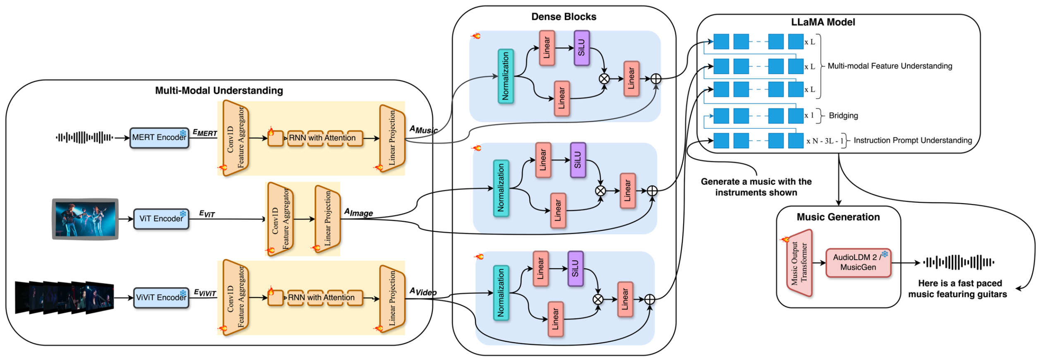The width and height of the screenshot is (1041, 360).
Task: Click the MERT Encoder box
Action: click(x=159, y=138)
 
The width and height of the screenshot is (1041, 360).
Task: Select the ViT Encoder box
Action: click(x=161, y=219)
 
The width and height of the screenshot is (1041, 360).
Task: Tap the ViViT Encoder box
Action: click(x=161, y=298)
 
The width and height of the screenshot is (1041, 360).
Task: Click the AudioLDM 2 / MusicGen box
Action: click(x=858, y=263)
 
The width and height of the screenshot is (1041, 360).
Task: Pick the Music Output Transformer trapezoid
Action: click(x=799, y=263)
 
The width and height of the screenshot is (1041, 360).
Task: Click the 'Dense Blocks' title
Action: click(x=564, y=17)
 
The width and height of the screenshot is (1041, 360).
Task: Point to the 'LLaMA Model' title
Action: click(x=823, y=22)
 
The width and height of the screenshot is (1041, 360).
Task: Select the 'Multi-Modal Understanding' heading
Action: click(x=219, y=91)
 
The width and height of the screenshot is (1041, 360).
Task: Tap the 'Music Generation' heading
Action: click(x=838, y=217)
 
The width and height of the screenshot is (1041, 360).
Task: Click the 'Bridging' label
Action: click(x=843, y=116)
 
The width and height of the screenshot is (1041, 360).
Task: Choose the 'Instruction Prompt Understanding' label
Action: click(x=912, y=141)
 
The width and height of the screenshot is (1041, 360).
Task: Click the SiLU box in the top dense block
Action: click(x=581, y=48)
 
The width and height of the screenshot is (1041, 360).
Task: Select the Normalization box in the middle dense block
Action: click(x=501, y=188)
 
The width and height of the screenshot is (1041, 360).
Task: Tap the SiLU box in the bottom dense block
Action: click(x=575, y=269)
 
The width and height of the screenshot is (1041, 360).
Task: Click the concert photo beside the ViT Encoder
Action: click(x=85, y=219)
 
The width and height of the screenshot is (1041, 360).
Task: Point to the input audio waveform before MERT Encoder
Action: click(x=84, y=137)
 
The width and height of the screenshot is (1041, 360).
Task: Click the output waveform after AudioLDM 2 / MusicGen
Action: click(x=958, y=262)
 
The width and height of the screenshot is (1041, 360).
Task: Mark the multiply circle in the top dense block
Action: click(x=604, y=79)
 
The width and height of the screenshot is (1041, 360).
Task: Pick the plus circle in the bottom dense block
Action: click(x=650, y=299)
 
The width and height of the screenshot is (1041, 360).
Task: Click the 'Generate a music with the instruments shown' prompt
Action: click(x=756, y=187)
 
